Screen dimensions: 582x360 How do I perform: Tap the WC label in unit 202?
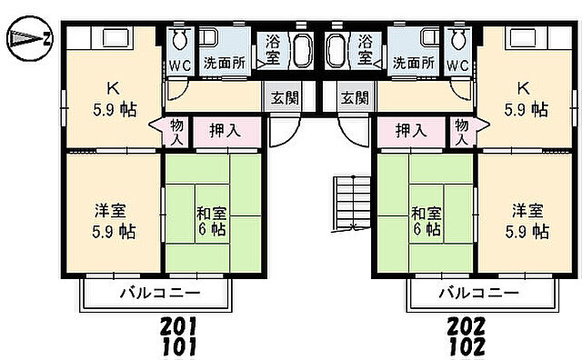[458, 65]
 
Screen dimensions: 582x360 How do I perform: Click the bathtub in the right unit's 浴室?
[334, 50]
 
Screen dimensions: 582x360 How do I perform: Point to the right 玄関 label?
[354, 97]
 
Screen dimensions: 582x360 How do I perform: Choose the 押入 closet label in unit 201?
[225, 131]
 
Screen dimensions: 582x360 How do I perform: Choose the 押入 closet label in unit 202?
[410, 131]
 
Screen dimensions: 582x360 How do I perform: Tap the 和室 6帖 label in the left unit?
[212, 222]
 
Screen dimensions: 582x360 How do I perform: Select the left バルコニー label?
[159, 293]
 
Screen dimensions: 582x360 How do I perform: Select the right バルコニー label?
[478, 293]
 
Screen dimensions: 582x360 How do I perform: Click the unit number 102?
[466, 346]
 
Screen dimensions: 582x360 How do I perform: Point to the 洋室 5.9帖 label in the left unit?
[115, 220]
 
